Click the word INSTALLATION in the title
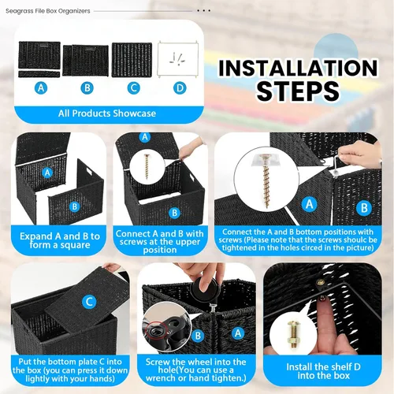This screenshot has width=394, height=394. [298, 68]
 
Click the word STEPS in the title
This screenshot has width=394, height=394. [298, 91]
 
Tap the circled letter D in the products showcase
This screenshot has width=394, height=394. [180, 88]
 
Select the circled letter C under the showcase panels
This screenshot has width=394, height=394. [133, 88]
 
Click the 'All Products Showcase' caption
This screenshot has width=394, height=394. [107, 113]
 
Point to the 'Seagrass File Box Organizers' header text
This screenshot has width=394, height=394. [48, 11]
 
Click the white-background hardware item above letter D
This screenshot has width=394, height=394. [178, 59]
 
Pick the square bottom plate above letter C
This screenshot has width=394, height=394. [132, 60]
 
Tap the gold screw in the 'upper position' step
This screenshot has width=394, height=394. [147, 166]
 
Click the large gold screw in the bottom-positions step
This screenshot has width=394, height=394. [266, 181]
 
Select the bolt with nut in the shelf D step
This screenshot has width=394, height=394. [292, 335]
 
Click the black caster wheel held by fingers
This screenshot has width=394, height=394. [205, 290]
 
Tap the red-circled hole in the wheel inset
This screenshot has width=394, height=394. [155, 332]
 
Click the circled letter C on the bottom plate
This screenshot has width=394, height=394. [89, 302]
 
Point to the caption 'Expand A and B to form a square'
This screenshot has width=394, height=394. [60, 240]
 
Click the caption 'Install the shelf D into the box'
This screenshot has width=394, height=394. [323, 371]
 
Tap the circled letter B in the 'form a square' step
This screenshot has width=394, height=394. [75, 206]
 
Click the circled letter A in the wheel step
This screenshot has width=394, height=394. [238, 333]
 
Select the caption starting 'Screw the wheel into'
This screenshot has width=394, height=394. [196, 370]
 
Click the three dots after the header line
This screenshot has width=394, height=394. [204, 11]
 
